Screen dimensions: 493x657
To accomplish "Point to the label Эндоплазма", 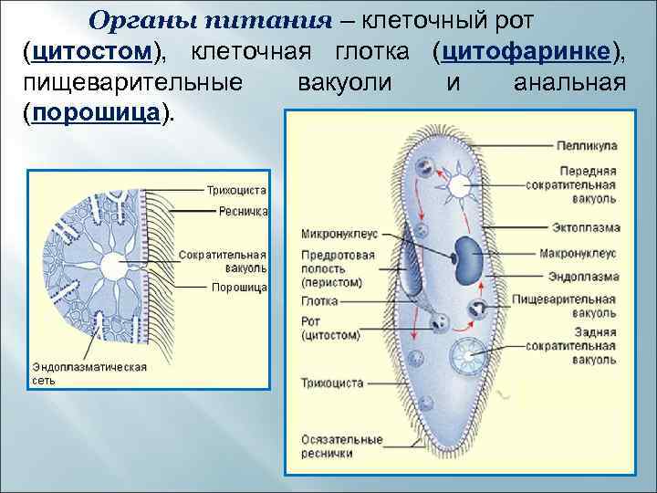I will pos(584,276).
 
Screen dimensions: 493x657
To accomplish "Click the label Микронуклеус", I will pos(339,234).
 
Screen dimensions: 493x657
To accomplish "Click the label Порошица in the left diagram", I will pos(239,288).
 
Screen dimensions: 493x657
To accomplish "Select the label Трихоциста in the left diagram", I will pos(235,190).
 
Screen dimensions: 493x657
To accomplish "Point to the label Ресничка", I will pos(243,211).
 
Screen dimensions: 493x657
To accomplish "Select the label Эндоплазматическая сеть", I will pos(89,372).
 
